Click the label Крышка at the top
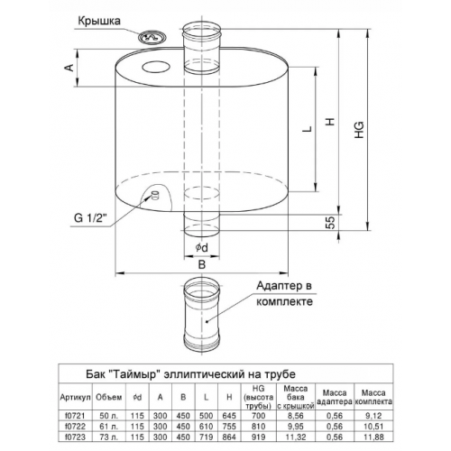(x=99, y=22)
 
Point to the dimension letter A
(x=69, y=68)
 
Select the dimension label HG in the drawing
(x=359, y=130)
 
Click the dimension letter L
(x=307, y=129)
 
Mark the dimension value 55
(x=330, y=223)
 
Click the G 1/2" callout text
(x=90, y=217)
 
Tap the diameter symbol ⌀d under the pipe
(x=201, y=247)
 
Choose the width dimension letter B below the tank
(x=202, y=264)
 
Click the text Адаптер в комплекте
(x=284, y=293)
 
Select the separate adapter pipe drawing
(x=202, y=315)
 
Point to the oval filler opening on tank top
(x=156, y=67)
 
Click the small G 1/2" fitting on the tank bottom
(x=155, y=195)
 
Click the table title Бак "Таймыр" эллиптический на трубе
(x=190, y=374)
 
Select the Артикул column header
(x=75, y=397)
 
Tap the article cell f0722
(x=75, y=427)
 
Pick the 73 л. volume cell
(x=108, y=437)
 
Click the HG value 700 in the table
(x=258, y=416)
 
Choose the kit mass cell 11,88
(x=373, y=437)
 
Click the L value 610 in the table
(x=206, y=427)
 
